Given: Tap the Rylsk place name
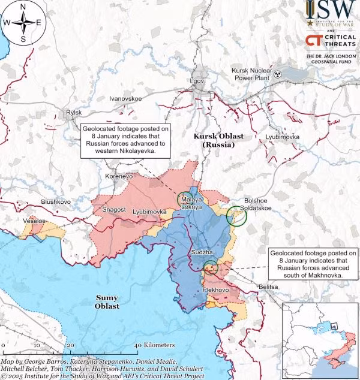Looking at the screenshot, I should click(74, 113).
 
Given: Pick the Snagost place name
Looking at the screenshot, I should click(114, 209).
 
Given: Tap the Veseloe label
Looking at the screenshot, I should click(34, 221).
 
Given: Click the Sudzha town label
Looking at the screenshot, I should click(200, 253).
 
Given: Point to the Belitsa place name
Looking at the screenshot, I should click(268, 288).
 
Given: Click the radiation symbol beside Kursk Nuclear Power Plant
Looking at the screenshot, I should click(278, 75).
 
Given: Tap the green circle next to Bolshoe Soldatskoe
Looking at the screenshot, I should click(236, 216).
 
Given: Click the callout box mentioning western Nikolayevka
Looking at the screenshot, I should click(125, 140).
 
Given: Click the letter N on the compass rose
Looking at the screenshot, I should click(23, 7).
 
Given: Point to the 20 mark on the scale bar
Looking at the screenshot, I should click(70, 346).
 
